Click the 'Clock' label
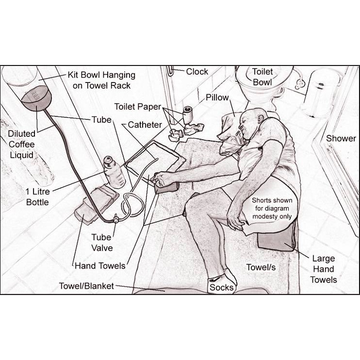coord(197,72)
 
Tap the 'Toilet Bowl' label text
coord(262,77)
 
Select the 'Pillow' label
coord(217,98)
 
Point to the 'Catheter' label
coord(145,125)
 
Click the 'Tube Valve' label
coord(102,243)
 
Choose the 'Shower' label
coord(341,138)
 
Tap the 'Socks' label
coord(221,287)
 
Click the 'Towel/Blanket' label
coord(86,286)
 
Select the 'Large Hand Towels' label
coord(324,269)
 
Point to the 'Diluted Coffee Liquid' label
coord(21,144)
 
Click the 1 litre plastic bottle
coord(114,172)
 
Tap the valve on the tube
coord(116,218)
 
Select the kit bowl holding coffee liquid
coord(36,98)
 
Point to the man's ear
coord(261,118)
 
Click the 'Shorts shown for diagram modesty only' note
coord(272,208)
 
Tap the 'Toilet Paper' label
coord(138,107)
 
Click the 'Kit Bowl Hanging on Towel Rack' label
coord(101,80)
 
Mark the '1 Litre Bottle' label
coord(38,197)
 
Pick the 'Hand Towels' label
coord(100,266)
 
